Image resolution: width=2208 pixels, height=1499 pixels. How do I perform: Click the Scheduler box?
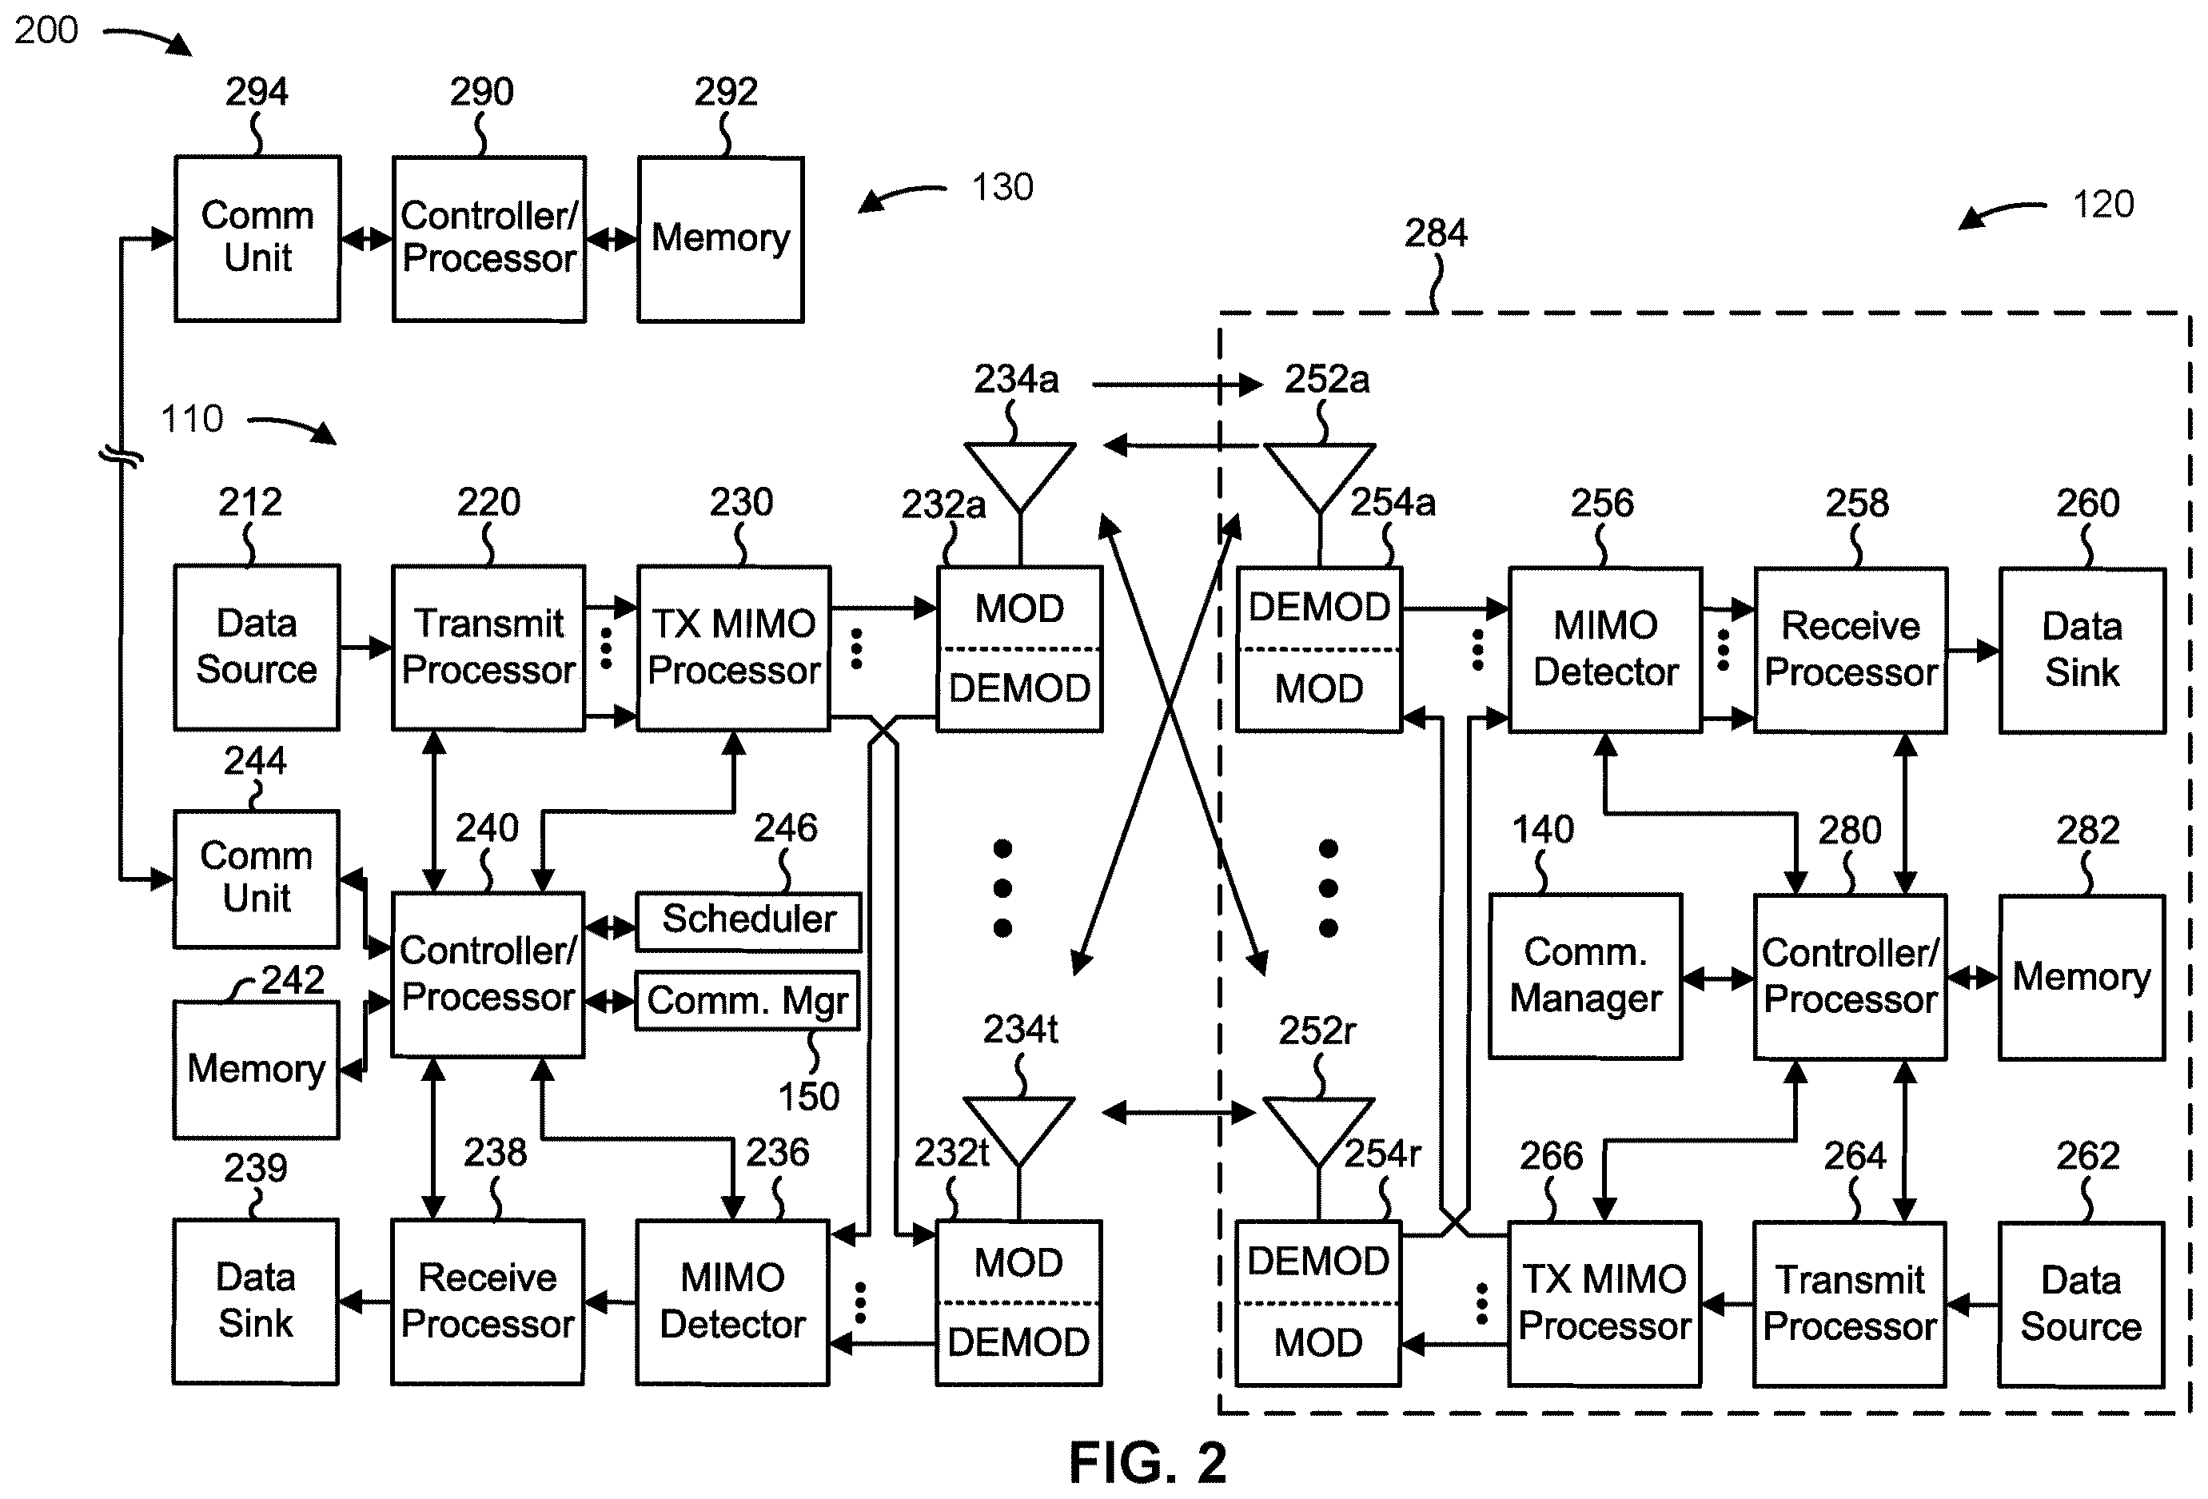pos(749,920)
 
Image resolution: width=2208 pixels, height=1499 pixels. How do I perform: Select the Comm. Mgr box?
pos(747,1000)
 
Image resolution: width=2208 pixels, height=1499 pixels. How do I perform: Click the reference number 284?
pos(1436,233)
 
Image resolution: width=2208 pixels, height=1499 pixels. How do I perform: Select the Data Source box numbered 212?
pos(257,648)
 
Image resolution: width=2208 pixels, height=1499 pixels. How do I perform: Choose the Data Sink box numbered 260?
pos(2082,651)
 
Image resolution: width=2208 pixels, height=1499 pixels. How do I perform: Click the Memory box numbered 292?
pos(721,239)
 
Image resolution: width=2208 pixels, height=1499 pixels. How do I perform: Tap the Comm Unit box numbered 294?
pos(257,238)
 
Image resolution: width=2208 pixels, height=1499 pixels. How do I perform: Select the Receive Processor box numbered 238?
pos(488,1302)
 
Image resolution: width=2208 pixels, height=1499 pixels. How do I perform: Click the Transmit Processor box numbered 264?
pos(1850,1304)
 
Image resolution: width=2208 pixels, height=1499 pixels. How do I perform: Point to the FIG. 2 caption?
pos(1148,1463)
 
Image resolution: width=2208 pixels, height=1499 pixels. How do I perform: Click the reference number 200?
pos(46,30)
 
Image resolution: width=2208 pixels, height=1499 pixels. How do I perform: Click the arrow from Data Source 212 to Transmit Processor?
pos(366,648)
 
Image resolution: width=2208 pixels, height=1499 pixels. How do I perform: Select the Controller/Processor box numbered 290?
pos(489,239)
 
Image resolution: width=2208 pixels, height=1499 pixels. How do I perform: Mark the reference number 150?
pos(808,1097)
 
